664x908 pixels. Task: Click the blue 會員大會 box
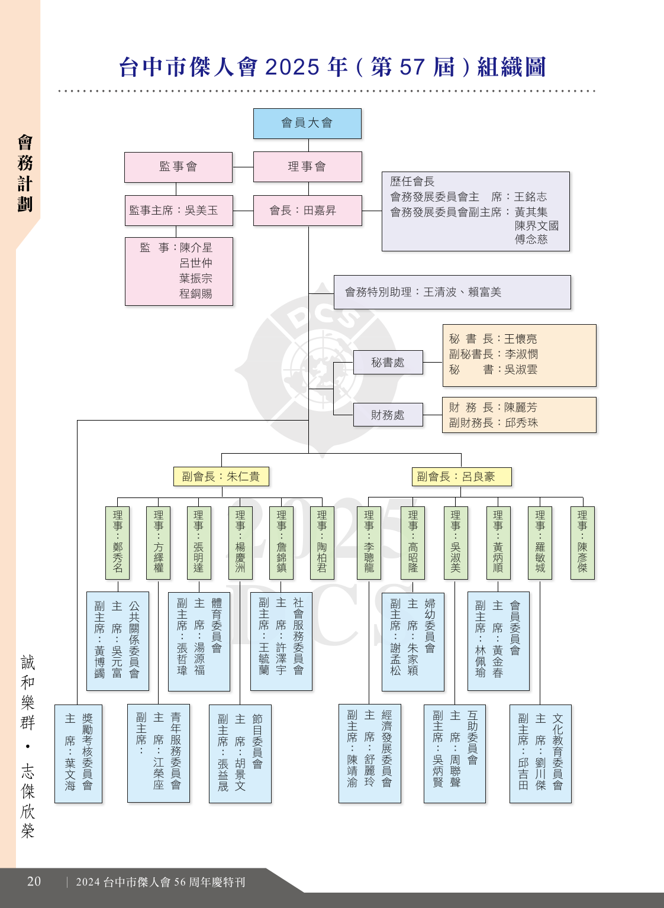coord(307,123)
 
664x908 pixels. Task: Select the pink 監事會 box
coord(179,167)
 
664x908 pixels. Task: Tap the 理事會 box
coord(308,167)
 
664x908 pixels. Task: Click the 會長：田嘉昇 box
coord(308,211)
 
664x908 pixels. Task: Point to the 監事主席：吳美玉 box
coord(179,211)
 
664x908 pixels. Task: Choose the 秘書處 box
coord(388,362)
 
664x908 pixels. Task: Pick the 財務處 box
coord(388,415)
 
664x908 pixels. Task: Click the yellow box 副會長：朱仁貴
coord(221,476)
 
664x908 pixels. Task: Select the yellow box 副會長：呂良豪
coord(462,476)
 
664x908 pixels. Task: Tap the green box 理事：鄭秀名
coord(118,542)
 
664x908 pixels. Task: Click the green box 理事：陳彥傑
coord(582,542)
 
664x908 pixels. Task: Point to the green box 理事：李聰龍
coord(369,542)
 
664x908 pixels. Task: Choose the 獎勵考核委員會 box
coord(78,754)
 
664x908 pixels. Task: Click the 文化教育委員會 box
coord(540,754)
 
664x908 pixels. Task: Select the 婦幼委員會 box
coord(413,642)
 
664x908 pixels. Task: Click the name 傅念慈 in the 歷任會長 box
coord(531,239)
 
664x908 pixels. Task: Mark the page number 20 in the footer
coord(34,881)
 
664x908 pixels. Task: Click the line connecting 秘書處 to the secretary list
coord(433,362)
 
